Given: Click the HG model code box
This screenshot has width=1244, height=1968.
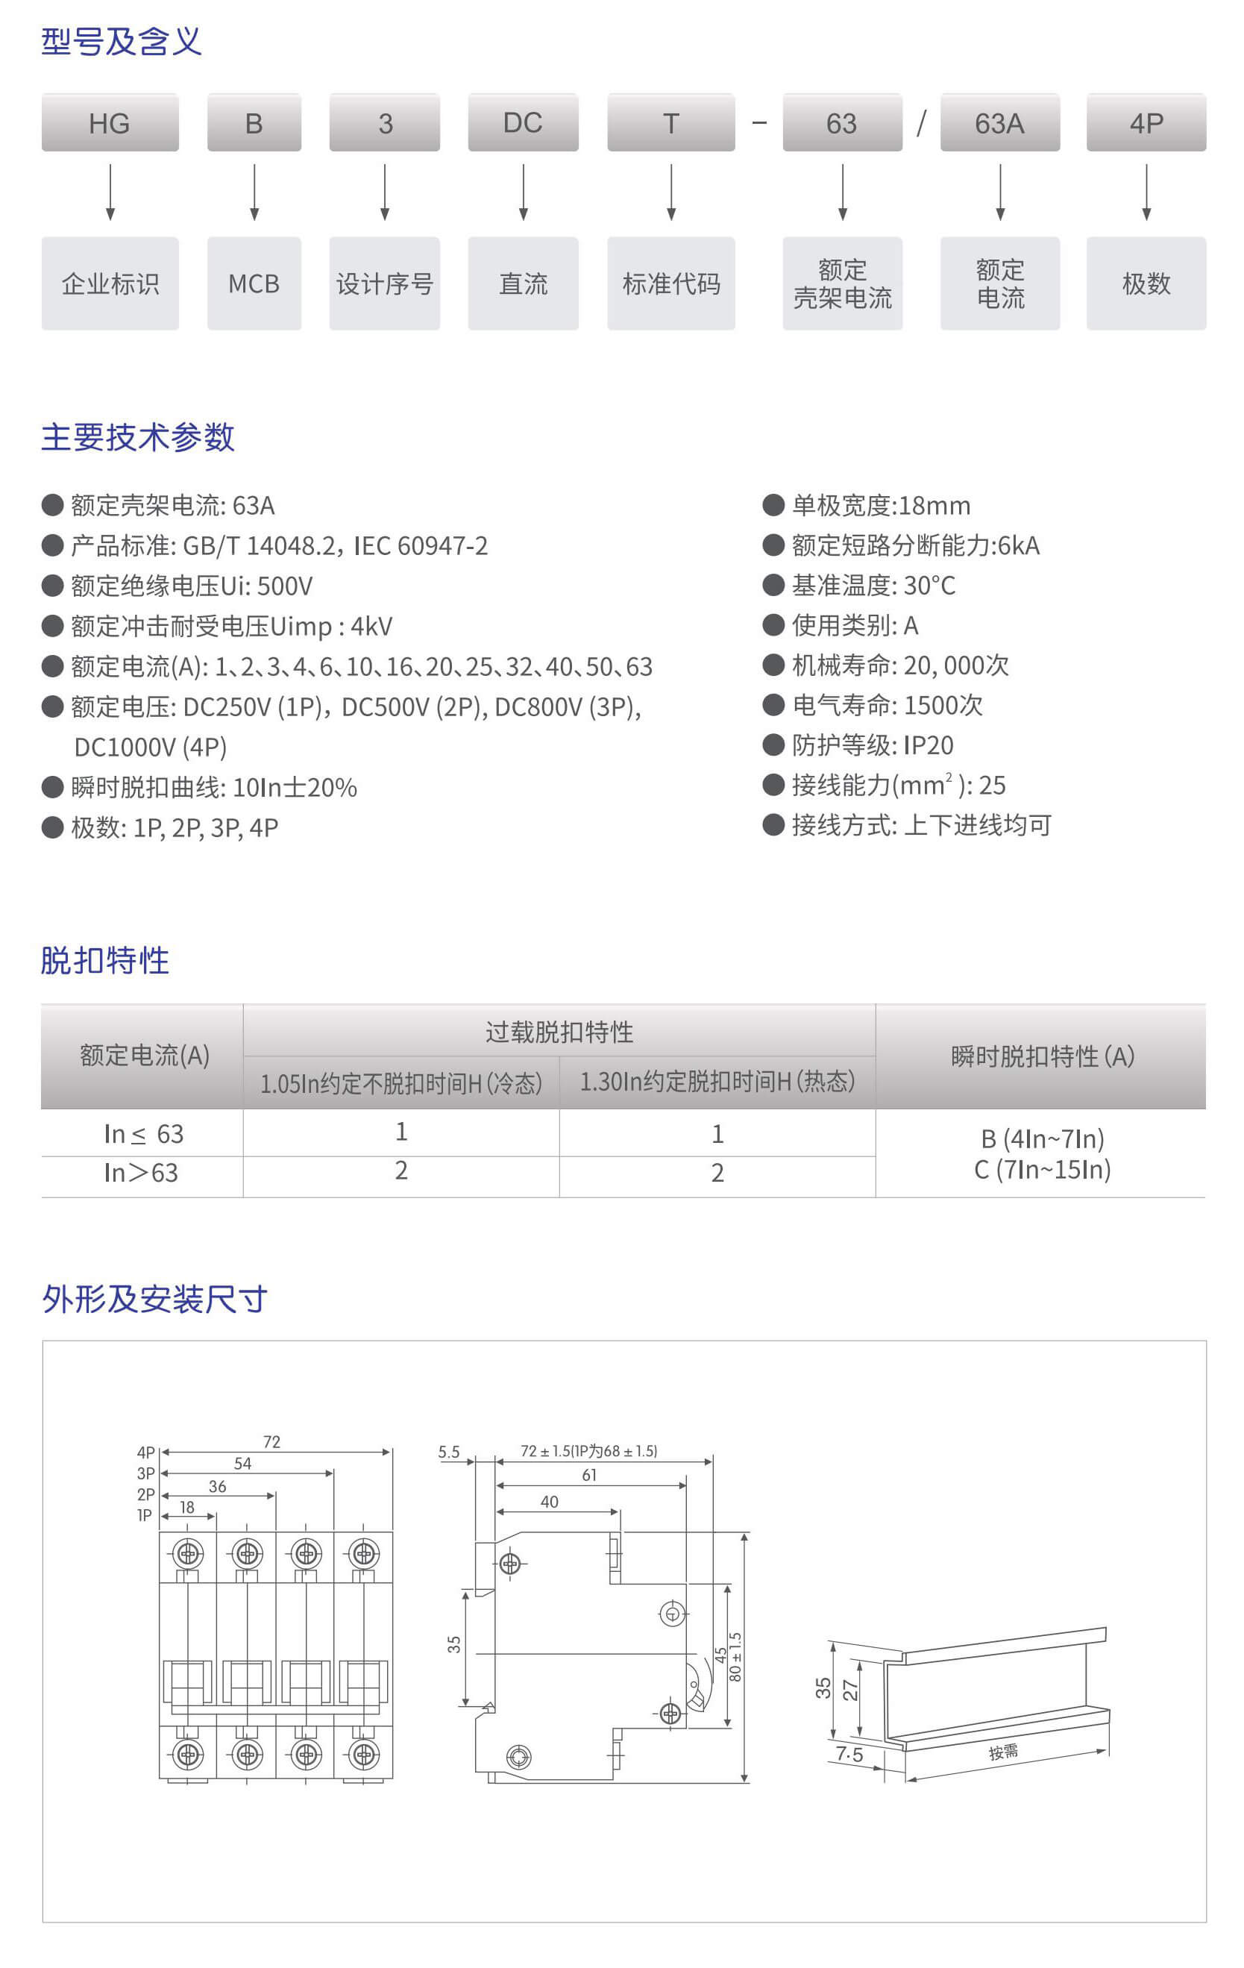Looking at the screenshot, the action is [x=110, y=122].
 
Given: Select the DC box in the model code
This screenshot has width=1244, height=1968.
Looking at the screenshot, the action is [x=523, y=122].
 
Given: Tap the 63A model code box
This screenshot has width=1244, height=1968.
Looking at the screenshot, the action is [x=1000, y=122].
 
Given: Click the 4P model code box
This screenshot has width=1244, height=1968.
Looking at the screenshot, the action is [x=1146, y=122].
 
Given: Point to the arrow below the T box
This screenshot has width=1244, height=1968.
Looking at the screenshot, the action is [x=670, y=192].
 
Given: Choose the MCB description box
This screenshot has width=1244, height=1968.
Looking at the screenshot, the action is [x=254, y=283].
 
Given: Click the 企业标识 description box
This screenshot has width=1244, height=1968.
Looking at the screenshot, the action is [x=110, y=283].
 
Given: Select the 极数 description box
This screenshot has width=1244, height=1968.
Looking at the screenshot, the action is [x=1146, y=283].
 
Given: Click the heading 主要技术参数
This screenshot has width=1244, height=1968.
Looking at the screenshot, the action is [x=138, y=437].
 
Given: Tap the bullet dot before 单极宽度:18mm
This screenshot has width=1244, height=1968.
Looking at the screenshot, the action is [x=773, y=504].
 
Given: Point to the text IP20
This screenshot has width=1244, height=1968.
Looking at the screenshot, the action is [x=929, y=745].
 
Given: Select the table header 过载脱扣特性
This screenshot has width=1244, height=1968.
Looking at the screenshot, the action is [x=559, y=1032].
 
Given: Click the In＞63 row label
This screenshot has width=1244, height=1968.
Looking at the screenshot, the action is [x=141, y=1173].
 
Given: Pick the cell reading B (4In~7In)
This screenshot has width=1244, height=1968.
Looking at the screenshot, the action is [x=1042, y=1138].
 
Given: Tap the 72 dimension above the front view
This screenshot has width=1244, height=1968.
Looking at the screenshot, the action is [x=272, y=1441].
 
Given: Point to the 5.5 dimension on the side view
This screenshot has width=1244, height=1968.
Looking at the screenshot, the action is [x=449, y=1452].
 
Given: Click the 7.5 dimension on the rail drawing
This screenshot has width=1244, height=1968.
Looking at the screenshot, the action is [x=849, y=1755].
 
